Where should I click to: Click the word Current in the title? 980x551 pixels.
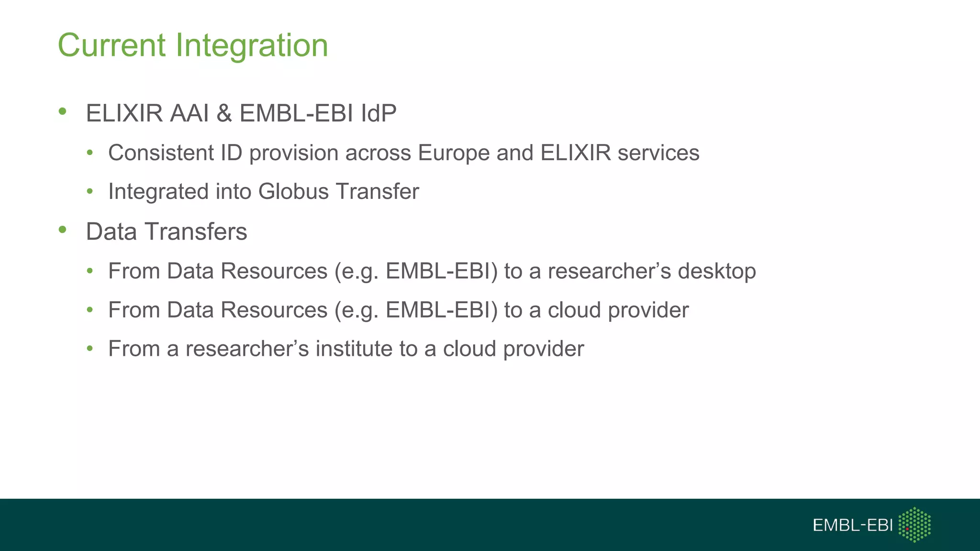111,45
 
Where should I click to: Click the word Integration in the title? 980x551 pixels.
252,45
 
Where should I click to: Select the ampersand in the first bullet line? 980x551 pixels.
224,114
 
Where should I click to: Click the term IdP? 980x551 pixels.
379,114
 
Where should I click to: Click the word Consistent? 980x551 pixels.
161,153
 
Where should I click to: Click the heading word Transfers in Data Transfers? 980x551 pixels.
196,232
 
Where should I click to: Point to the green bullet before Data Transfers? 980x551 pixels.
62,230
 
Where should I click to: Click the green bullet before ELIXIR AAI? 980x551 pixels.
62,112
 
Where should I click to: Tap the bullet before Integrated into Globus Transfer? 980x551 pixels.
89,191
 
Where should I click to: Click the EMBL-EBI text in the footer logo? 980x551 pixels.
852,525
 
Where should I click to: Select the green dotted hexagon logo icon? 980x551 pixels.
914,525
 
